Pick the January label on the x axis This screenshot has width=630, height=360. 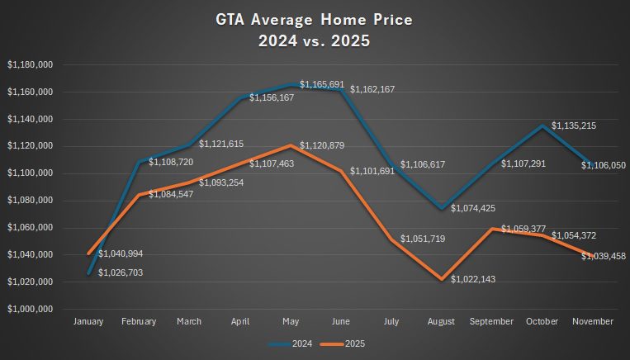click(x=88, y=321)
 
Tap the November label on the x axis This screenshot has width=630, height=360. click(x=593, y=321)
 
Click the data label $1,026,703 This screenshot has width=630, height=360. click(x=123, y=272)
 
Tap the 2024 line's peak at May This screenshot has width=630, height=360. click(x=290, y=84)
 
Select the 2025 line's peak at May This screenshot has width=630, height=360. click(x=290, y=145)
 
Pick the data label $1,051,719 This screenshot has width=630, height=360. click(x=426, y=239)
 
